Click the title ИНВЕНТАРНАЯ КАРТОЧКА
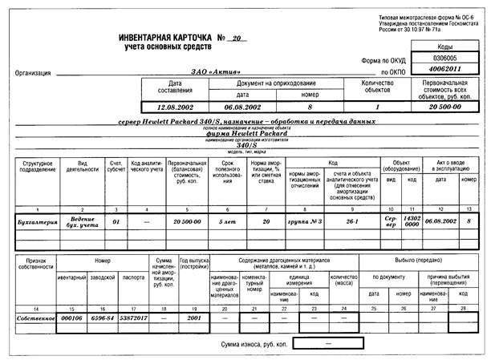point(164,38)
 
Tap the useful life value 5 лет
point(224,219)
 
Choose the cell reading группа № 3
point(305,219)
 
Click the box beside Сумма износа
point(327,343)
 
